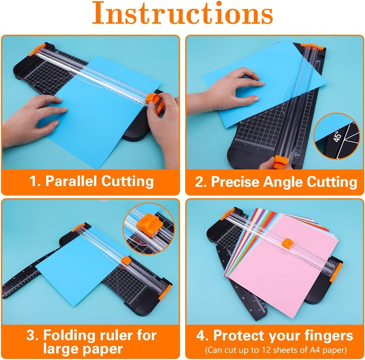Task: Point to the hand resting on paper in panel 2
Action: click(234, 89)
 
